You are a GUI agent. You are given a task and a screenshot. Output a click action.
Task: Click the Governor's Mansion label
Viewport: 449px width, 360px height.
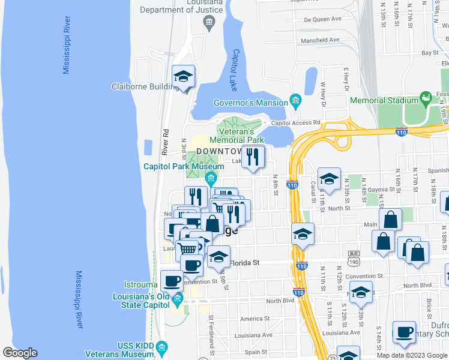click(x=251, y=103)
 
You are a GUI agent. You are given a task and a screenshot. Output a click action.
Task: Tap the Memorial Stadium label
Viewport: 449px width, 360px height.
click(x=384, y=101)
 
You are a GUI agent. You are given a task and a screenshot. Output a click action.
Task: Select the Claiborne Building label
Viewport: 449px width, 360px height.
click(x=142, y=86)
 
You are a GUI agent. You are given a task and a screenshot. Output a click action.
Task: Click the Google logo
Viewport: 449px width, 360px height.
click(x=20, y=353)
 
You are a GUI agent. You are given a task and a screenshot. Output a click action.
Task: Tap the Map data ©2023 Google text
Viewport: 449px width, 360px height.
click(x=412, y=355)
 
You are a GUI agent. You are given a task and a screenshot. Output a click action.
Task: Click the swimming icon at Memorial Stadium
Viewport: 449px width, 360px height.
click(x=426, y=98)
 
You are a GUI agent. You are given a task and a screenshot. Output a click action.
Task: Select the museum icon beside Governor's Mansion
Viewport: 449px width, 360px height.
click(x=295, y=100)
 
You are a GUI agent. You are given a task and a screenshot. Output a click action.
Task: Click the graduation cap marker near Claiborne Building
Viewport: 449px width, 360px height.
click(x=183, y=76)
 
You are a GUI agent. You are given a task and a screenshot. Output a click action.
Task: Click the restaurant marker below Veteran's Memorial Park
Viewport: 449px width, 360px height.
click(x=253, y=157)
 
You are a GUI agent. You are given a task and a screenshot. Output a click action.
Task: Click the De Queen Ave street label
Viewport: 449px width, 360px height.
click(x=322, y=19)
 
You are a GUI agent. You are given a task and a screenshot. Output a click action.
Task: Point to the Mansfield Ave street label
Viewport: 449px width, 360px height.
click(x=321, y=40)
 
